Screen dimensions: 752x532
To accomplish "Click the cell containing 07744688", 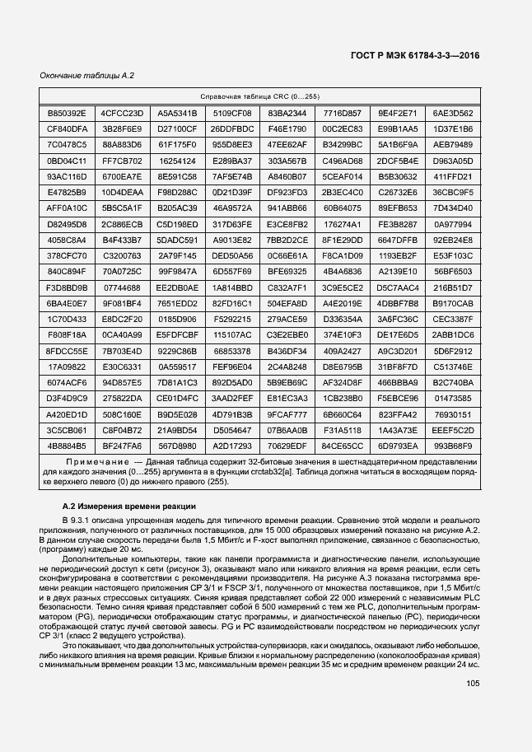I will coord(122,287).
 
